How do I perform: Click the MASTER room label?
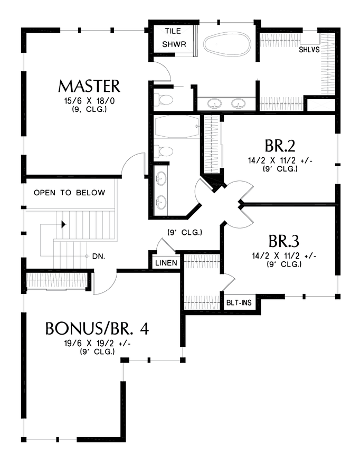pos(89,86)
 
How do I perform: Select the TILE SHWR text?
pos(174,37)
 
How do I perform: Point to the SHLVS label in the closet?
pos(309,50)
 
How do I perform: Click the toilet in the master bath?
pos(163,99)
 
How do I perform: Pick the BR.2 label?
pos(280,146)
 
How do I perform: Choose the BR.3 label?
pos(283,241)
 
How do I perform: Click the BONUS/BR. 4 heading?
pos(97,328)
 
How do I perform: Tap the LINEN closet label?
pos(166,263)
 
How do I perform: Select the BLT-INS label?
pos(239,302)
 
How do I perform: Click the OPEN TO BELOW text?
pos(69,193)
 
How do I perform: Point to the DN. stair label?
pos(99,256)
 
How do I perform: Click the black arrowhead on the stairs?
pos(63,224)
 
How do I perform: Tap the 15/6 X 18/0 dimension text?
pos(89,101)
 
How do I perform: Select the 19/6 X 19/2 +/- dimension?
pos(97,344)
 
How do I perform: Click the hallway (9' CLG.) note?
pos(185,232)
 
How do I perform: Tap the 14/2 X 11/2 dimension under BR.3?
pos(284,256)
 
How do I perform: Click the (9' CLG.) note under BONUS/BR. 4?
pos(97,351)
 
